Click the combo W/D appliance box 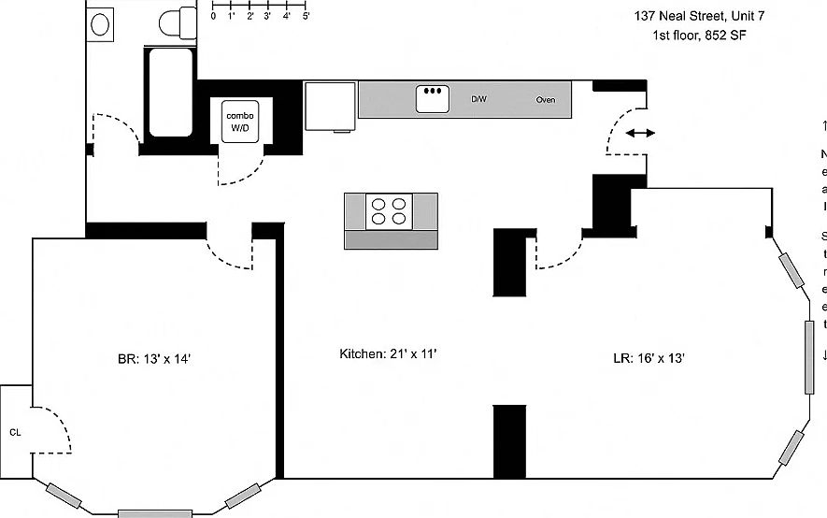(239, 121)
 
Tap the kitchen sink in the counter (432, 98)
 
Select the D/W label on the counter (478, 99)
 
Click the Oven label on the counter (547, 99)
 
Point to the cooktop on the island (391, 210)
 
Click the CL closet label (15, 432)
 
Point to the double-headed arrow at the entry (640, 133)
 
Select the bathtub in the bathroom (170, 93)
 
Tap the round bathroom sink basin (100, 23)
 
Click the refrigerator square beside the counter (330, 104)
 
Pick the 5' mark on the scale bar (306, 16)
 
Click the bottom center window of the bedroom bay (154, 513)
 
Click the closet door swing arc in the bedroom (56, 430)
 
